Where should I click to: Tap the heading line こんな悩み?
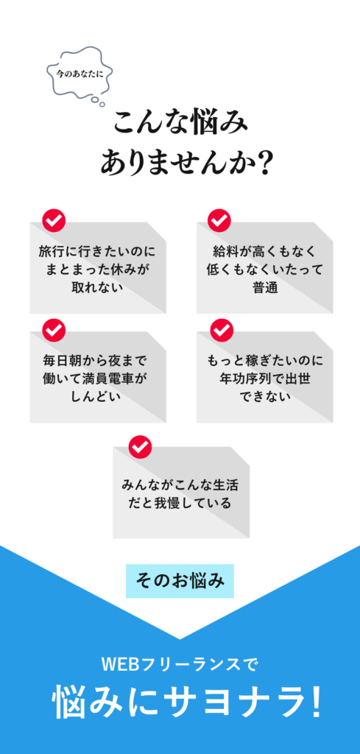click(180, 123)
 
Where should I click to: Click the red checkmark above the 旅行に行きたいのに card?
click(54, 220)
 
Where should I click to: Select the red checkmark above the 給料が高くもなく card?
click(219, 220)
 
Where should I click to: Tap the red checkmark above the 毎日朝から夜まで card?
click(54, 329)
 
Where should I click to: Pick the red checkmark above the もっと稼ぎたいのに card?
click(222, 329)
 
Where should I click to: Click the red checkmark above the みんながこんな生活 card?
click(140, 447)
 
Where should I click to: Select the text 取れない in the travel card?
click(98, 287)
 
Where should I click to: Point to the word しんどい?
click(98, 397)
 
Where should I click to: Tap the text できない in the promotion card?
click(265, 397)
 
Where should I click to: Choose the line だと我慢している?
click(180, 504)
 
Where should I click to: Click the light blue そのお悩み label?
click(180, 581)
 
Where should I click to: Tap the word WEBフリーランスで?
click(180, 665)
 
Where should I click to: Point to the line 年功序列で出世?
click(265, 378)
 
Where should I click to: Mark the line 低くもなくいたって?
click(265, 269)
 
